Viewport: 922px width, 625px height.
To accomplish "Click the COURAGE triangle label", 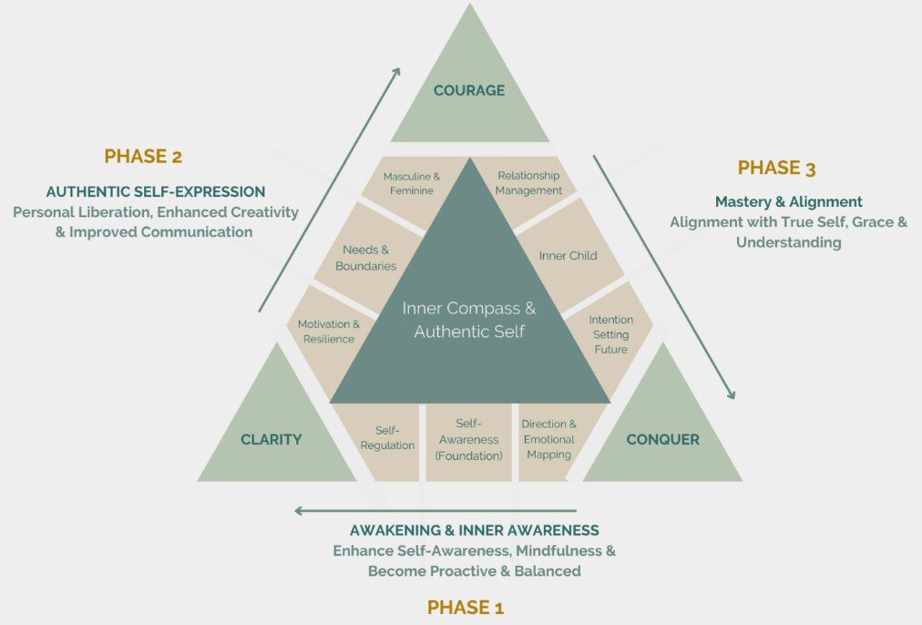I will pos(469,90).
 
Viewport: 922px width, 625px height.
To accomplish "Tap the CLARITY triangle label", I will pos(271,440).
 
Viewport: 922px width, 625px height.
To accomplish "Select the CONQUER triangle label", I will pos(662,440).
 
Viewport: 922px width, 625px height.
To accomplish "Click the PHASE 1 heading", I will pos(466,608).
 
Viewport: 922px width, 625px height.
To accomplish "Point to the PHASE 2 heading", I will pos(143,156).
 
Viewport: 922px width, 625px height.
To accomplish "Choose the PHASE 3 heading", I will pos(776,168).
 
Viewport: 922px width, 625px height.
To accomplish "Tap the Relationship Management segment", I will pos(529,183).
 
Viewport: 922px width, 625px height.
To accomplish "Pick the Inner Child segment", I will pos(568,256).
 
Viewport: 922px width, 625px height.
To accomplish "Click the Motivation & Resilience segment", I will pos(328,332).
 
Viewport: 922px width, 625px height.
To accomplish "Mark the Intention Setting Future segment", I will pos(610,334).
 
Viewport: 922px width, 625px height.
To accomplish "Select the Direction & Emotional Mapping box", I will pos(548,439).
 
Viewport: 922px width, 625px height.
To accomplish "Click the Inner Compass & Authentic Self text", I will pos(469,319).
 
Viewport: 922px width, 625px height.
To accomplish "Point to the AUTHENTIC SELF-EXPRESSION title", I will pos(156,192).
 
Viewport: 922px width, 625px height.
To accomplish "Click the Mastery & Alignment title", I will pos(788,201).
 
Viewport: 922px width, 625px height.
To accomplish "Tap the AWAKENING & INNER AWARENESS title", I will pos(474,530).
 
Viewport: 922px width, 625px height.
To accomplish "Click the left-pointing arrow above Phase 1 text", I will pos(435,511).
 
